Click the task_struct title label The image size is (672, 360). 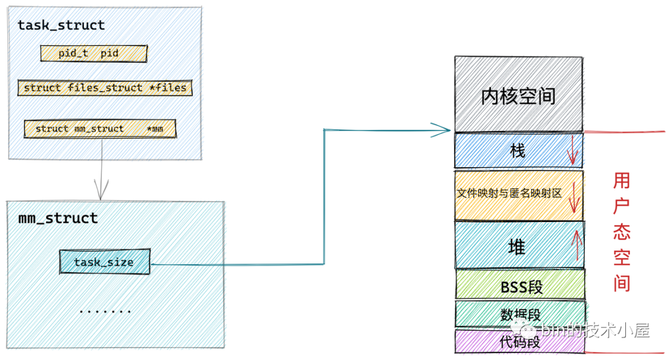click(61, 25)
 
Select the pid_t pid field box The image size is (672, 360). click(93, 53)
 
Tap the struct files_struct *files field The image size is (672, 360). click(105, 88)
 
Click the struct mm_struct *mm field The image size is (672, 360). click(100, 129)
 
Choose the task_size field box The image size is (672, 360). click(105, 262)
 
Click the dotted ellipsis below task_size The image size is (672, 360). click(105, 310)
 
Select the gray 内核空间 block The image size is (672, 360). click(518, 95)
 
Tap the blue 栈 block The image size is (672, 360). click(518, 150)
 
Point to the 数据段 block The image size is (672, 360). click(520, 314)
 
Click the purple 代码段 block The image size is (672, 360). click(520, 341)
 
